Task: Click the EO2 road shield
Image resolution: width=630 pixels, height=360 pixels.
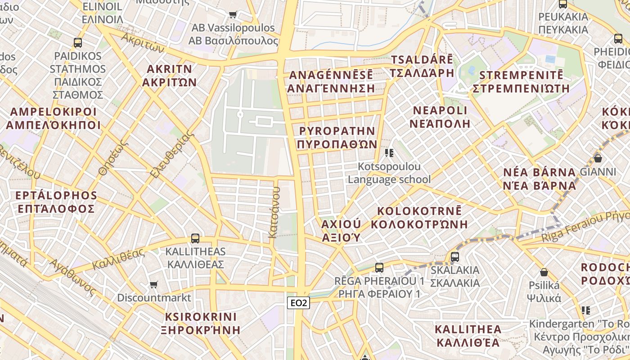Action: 298,303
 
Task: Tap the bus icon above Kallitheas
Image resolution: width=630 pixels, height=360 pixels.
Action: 195,238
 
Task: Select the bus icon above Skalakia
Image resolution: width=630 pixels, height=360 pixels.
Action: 455,257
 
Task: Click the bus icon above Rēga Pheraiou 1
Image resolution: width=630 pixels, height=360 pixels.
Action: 379,268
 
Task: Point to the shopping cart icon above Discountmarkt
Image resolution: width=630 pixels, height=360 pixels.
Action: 154,284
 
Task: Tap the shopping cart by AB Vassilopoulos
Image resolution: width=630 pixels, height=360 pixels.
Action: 233,14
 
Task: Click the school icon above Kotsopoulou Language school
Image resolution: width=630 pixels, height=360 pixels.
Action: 389,153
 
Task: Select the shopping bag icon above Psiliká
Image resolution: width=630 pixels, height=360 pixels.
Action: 544,272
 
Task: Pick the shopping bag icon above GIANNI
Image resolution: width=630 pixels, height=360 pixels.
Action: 598,158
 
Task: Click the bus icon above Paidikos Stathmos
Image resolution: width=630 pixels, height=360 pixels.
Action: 78,43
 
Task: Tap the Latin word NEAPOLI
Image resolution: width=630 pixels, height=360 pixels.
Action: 441,110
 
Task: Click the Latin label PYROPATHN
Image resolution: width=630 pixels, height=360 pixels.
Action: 337,131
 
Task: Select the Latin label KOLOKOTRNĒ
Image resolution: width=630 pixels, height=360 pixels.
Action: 419,211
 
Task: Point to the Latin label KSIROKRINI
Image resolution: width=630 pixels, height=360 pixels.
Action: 201,316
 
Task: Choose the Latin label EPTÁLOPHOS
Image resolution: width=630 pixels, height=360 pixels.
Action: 56,196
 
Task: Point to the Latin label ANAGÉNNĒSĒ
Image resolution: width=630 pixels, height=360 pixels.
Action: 331,75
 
